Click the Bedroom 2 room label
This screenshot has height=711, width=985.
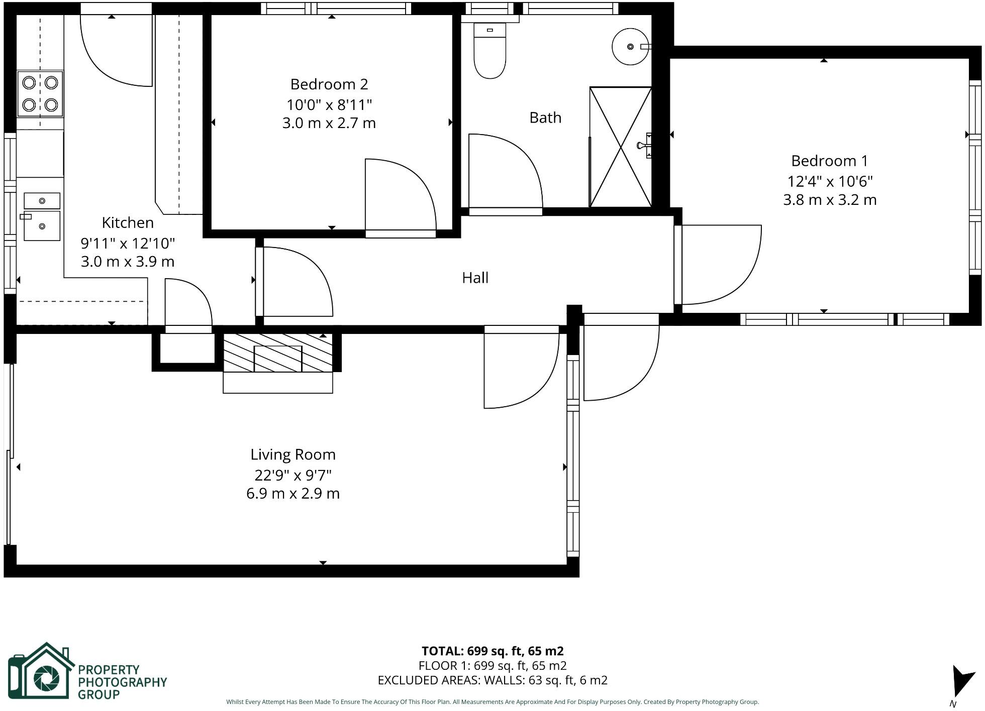pyautogui.click(x=329, y=84)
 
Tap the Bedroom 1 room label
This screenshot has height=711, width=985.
pyautogui.click(x=830, y=161)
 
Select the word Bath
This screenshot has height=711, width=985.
pyautogui.click(x=545, y=118)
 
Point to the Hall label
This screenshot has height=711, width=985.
pyautogui.click(x=475, y=278)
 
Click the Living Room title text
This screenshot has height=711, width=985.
pyautogui.click(x=293, y=455)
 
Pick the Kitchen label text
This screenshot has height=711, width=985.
pyautogui.click(x=128, y=222)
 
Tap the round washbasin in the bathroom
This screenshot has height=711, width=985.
pyautogui.click(x=630, y=47)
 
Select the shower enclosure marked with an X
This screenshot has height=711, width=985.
pyautogui.click(x=621, y=147)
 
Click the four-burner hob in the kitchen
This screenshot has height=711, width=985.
pyautogui.click(x=40, y=94)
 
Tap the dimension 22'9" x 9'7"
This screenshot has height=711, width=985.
pyautogui.click(x=293, y=475)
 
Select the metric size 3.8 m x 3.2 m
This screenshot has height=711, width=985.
pyautogui.click(x=830, y=200)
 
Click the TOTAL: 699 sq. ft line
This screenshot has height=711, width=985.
pyautogui.click(x=492, y=651)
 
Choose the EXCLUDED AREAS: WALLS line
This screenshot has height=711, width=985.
pyautogui.click(x=492, y=680)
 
